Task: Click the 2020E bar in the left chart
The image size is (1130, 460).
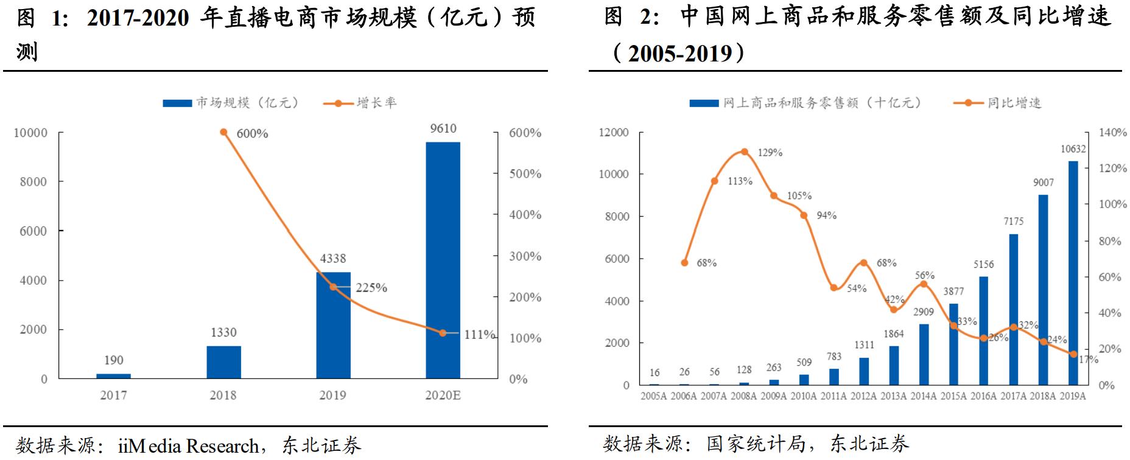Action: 443,260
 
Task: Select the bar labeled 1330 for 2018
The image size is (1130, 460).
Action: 223,362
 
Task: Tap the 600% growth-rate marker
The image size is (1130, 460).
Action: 223,132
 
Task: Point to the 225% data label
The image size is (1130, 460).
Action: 371,288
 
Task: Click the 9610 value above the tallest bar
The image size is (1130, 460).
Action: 443,128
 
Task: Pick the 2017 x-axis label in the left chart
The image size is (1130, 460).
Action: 113,396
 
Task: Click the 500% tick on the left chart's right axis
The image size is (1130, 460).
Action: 525,174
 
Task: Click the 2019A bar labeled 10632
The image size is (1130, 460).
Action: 1073,273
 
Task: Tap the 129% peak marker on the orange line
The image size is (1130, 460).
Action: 744,152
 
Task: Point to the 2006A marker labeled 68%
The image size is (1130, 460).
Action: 684,263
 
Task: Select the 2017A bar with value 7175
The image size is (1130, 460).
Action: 1013,309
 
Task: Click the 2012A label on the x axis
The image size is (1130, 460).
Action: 863,396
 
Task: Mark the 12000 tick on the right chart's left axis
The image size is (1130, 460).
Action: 614,133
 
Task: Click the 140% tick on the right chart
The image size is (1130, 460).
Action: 1113,133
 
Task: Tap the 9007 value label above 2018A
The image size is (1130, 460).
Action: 1043,183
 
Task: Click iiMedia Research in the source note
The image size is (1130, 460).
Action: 188,446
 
